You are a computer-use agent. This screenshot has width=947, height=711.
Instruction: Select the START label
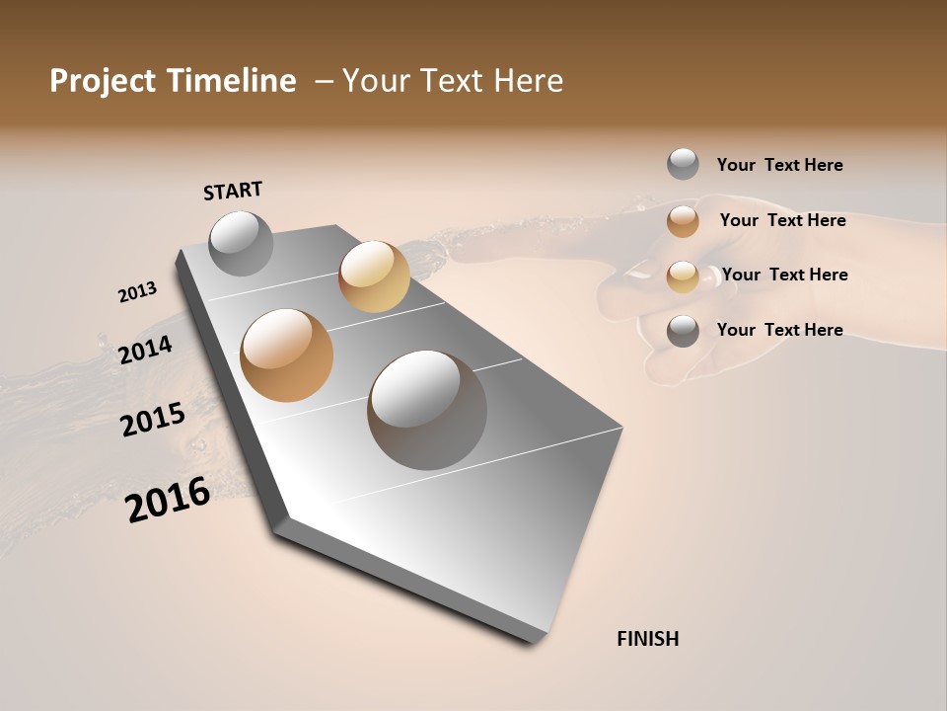233,191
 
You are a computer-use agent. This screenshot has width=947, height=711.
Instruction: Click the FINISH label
647,639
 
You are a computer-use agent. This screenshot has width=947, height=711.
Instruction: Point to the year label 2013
137,292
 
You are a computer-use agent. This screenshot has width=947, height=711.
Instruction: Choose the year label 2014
145,350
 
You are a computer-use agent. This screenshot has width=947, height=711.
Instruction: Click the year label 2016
168,500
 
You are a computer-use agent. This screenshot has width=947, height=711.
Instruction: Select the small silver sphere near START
241,243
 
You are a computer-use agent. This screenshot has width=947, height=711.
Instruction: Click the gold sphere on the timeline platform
374,276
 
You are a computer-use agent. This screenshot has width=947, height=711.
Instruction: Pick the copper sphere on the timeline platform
286,355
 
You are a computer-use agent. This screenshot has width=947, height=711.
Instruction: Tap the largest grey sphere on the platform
427,410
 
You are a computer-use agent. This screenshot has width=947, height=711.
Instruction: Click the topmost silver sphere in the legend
683,164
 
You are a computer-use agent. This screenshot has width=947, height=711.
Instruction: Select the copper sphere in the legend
683,221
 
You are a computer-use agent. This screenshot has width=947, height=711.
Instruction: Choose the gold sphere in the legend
683,276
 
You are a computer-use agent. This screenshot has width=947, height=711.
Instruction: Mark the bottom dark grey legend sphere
683,331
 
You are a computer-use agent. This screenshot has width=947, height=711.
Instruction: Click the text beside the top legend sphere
779,165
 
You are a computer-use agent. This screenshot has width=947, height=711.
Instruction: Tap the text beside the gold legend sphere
784,275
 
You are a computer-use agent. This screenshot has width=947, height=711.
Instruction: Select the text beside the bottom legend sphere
779,330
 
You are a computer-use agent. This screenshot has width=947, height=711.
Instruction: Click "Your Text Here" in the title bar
453,81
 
